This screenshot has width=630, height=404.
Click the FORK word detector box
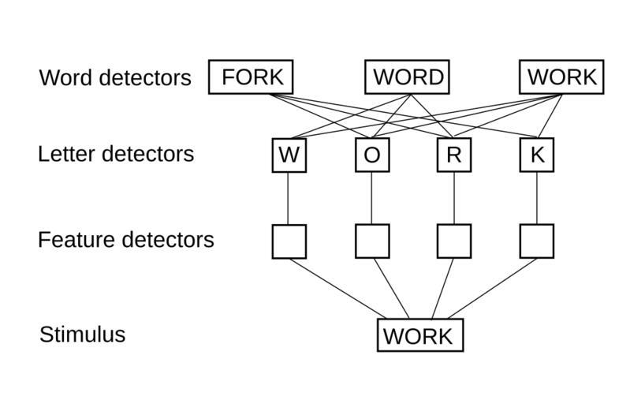point(251,77)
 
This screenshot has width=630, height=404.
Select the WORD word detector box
point(407,77)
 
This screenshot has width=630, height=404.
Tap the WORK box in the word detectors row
point(562,77)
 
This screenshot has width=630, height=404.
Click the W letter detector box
point(289,155)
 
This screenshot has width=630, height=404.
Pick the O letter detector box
point(372,155)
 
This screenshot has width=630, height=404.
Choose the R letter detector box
point(454,155)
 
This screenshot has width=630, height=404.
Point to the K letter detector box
point(537,155)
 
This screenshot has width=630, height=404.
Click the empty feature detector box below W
point(289,241)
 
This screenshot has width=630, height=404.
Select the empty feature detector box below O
point(372,241)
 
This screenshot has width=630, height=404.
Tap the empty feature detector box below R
point(454,241)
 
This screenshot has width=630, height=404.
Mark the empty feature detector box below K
point(537,241)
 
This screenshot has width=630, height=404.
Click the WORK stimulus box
point(419,335)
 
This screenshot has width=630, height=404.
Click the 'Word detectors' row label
point(115,78)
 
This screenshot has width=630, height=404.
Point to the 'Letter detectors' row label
point(116,154)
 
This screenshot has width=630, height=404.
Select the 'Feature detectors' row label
point(125,239)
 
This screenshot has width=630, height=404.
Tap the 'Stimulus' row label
point(82,335)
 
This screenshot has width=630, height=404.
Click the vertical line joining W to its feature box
point(289,198)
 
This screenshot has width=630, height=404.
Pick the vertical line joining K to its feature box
point(537,198)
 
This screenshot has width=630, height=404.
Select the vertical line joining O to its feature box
point(372,198)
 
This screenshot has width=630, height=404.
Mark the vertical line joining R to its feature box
point(454,198)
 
